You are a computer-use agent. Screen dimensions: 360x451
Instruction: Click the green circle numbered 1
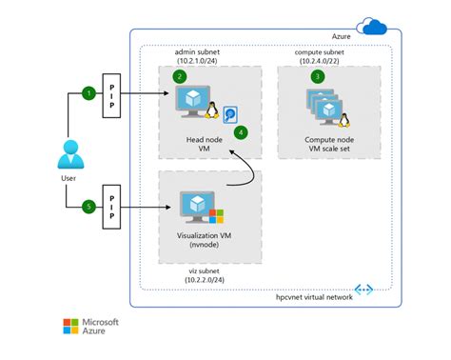coord(88,93)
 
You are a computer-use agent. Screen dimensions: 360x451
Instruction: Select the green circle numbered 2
coord(179,74)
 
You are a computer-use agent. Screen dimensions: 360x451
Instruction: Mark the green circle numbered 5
coord(88,205)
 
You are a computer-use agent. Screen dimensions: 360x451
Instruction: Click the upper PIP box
coord(110,94)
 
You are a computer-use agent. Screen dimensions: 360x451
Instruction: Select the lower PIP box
coord(110,205)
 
